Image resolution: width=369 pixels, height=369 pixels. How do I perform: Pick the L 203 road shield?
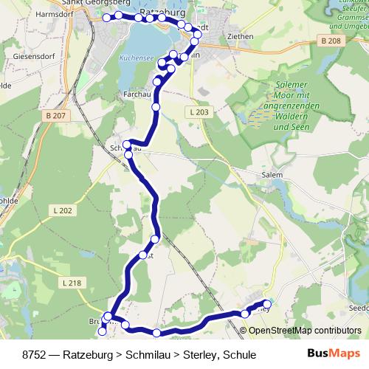[199, 112]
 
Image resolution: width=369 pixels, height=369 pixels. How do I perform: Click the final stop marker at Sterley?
[267, 304]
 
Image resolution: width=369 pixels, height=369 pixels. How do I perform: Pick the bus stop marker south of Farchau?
[156, 108]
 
